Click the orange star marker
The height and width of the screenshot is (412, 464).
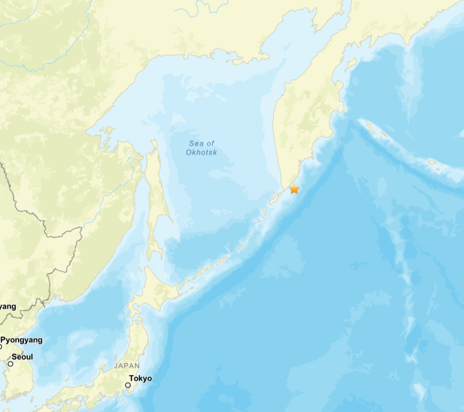294,189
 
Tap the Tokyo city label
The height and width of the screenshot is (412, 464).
141,378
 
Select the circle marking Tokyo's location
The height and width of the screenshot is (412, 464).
128,385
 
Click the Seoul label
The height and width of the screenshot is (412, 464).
22,357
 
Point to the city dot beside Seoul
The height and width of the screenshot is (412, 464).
10,363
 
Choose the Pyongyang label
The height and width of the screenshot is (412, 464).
21,340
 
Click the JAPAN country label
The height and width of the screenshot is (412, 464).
126,366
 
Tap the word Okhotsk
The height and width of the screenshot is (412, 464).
201,152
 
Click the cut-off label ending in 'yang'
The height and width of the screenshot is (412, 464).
8,306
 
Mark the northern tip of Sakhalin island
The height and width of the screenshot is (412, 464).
154,142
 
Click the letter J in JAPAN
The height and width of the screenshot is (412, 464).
116,366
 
